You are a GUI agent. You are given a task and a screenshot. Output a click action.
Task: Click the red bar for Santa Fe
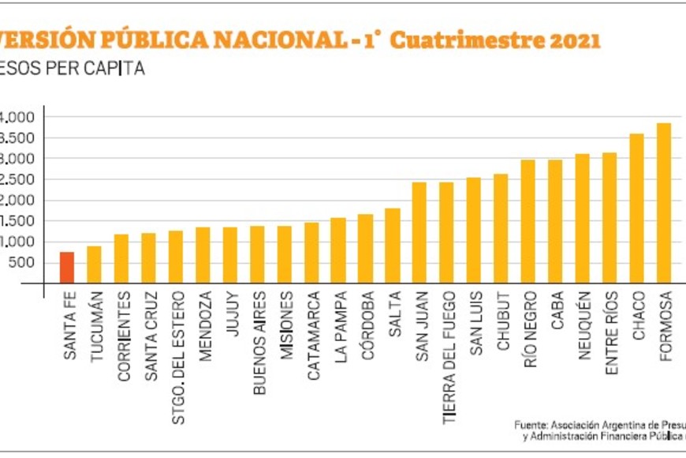(67, 268)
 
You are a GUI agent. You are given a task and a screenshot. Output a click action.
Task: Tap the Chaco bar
(636, 208)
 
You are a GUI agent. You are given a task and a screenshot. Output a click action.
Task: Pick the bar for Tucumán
(94, 265)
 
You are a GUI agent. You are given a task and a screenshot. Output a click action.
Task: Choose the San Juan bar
(419, 233)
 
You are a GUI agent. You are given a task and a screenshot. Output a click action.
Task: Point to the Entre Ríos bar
(610, 218)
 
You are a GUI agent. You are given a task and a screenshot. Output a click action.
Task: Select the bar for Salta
(392, 246)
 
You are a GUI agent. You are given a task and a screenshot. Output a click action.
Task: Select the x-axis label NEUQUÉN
(583, 326)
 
